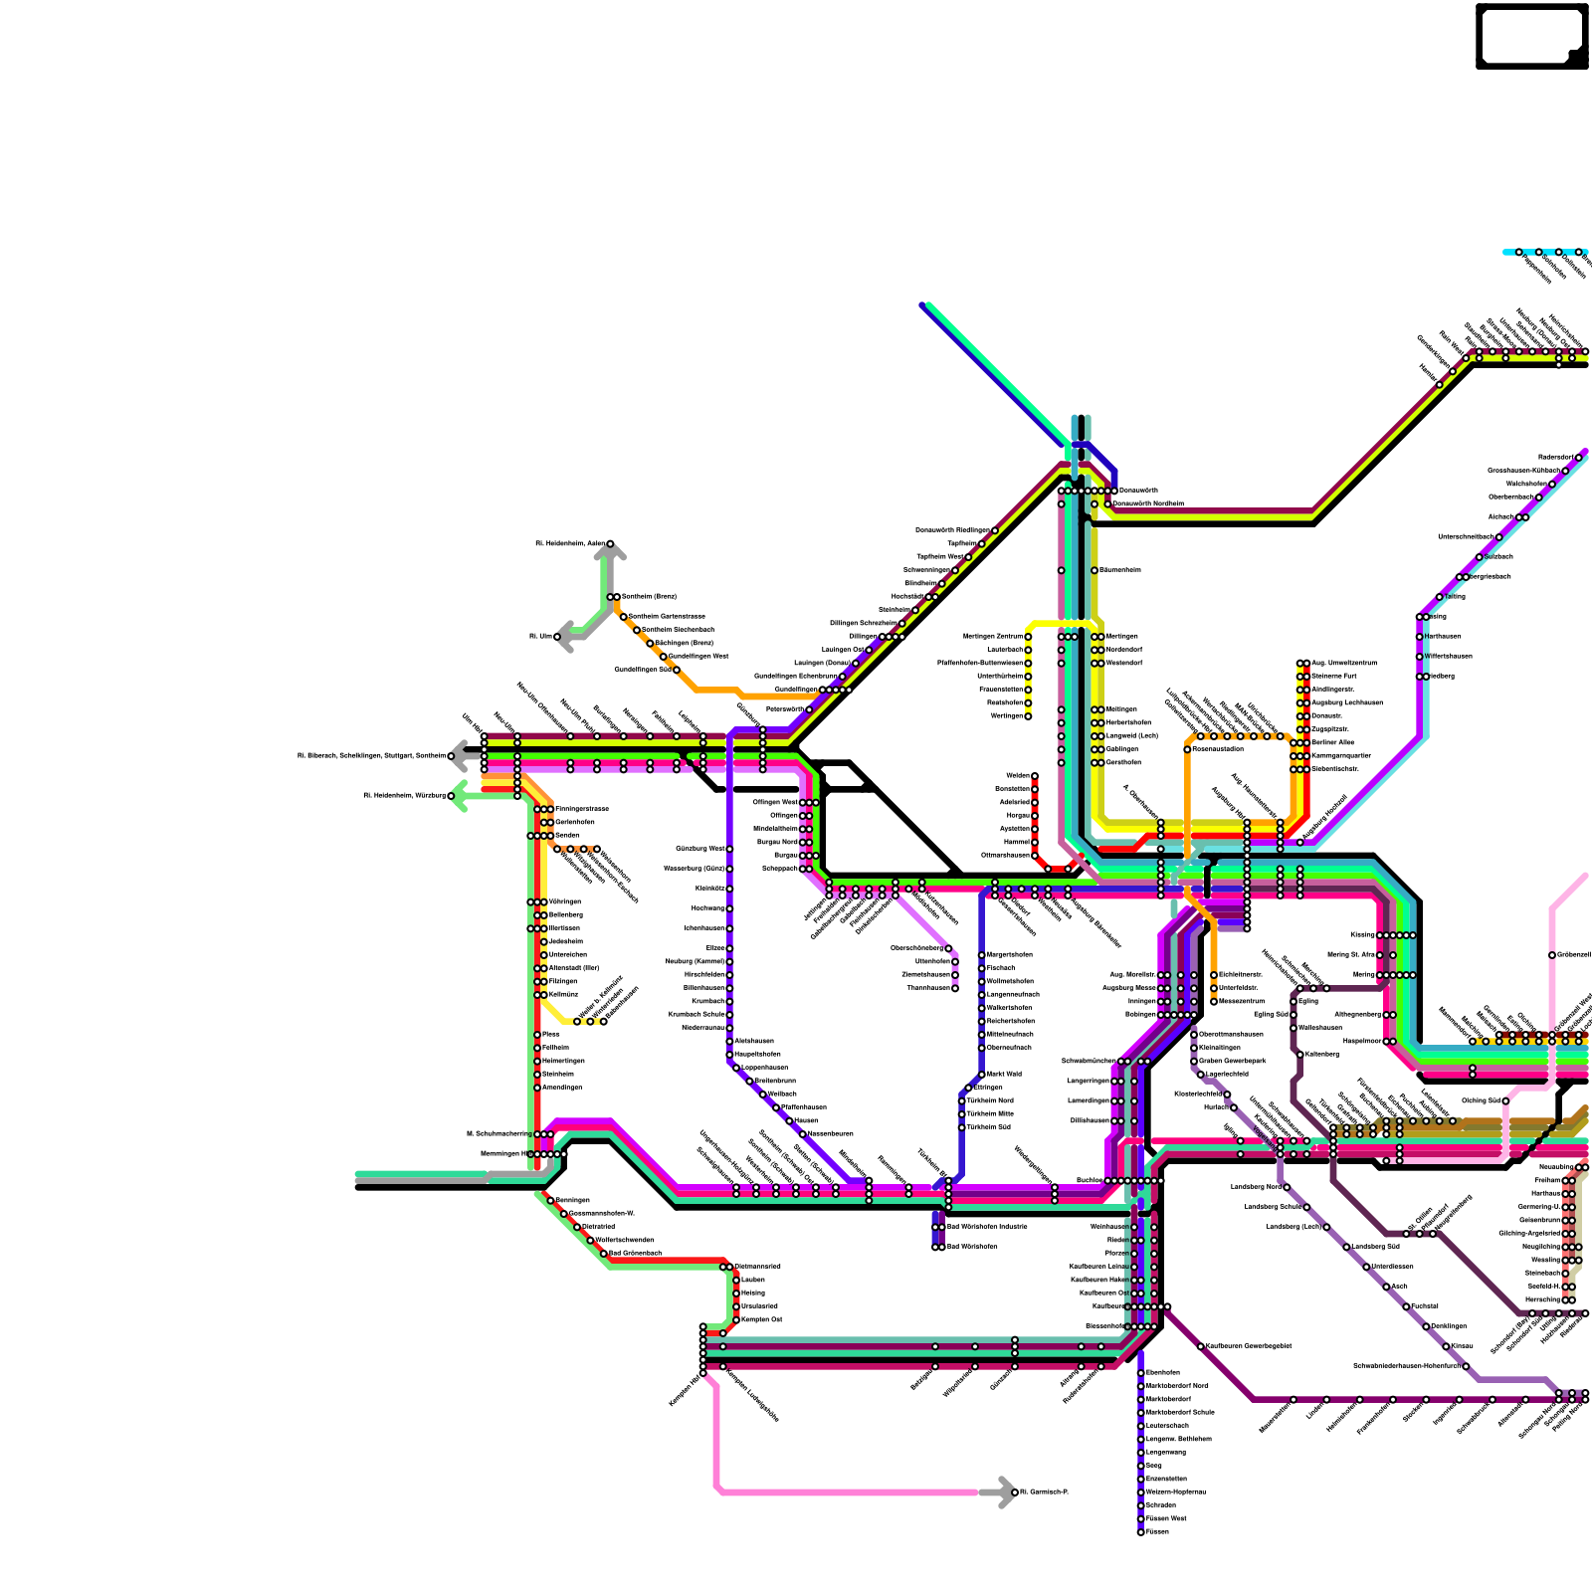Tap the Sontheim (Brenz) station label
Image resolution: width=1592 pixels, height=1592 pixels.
(649, 596)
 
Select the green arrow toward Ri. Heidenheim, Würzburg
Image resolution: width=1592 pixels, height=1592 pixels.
(458, 796)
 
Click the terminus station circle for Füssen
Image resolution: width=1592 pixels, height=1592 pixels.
(1140, 1531)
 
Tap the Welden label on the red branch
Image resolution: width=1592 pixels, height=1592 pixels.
(1017, 775)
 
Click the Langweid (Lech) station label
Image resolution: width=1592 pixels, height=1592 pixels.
(1132, 735)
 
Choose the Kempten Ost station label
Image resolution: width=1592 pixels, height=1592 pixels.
(762, 1319)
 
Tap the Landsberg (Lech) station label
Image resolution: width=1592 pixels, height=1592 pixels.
(1293, 1227)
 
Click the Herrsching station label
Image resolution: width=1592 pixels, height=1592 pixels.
(1542, 1299)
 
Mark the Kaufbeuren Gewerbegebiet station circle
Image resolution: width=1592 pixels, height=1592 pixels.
(1201, 1346)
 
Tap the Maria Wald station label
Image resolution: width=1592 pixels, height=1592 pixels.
(1004, 1074)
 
